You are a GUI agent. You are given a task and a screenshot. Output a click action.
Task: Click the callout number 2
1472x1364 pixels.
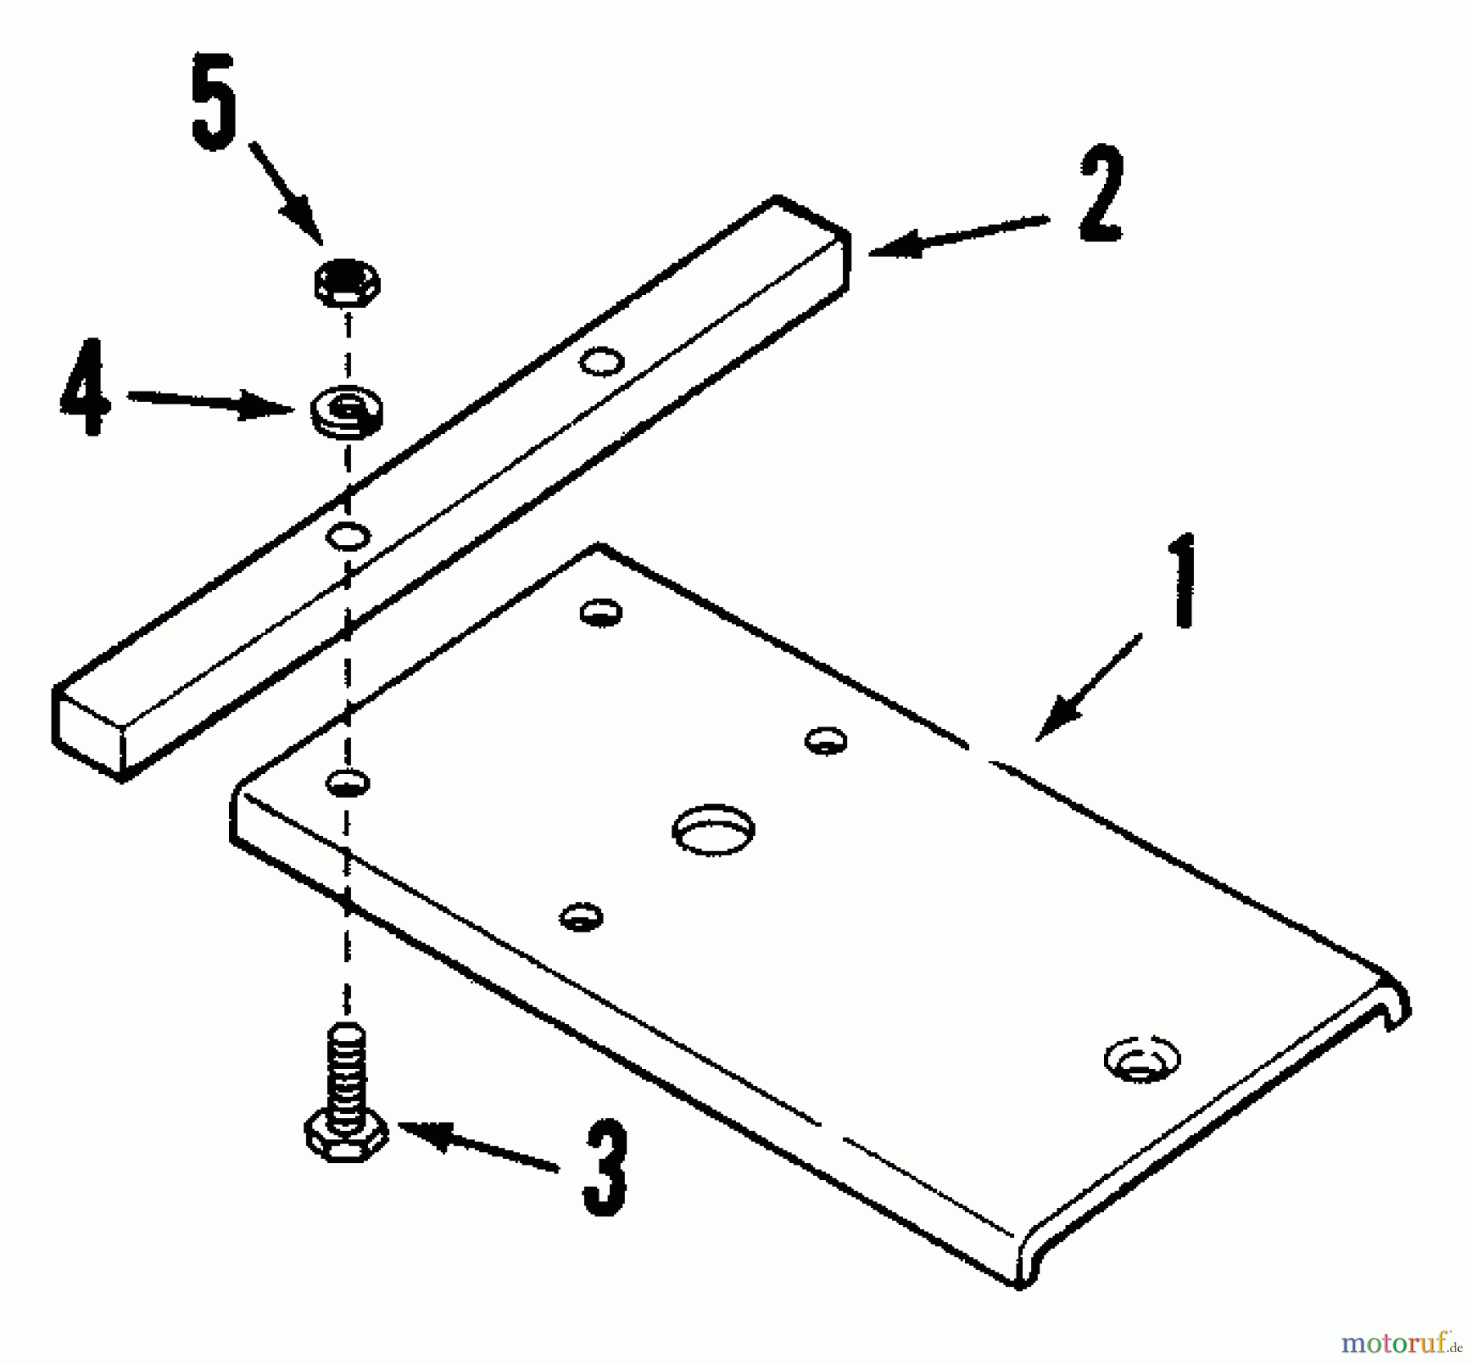point(1101,195)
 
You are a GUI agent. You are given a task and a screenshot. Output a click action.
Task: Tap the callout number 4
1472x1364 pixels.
point(85,387)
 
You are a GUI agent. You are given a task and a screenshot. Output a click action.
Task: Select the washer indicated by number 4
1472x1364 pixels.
point(347,412)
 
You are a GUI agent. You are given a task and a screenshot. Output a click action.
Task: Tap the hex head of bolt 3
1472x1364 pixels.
point(346,1137)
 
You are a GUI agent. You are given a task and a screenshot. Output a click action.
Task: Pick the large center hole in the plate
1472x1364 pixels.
point(713,830)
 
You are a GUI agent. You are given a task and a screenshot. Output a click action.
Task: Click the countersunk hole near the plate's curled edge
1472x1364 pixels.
point(1142,1060)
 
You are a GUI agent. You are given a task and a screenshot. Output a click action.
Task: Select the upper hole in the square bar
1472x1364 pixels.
point(602,360)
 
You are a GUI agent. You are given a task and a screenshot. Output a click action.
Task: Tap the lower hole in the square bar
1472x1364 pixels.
point(348,536)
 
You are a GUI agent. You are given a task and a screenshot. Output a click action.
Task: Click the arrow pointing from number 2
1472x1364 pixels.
point(957,237)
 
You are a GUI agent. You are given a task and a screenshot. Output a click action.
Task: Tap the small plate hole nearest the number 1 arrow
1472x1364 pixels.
point(826,740)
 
